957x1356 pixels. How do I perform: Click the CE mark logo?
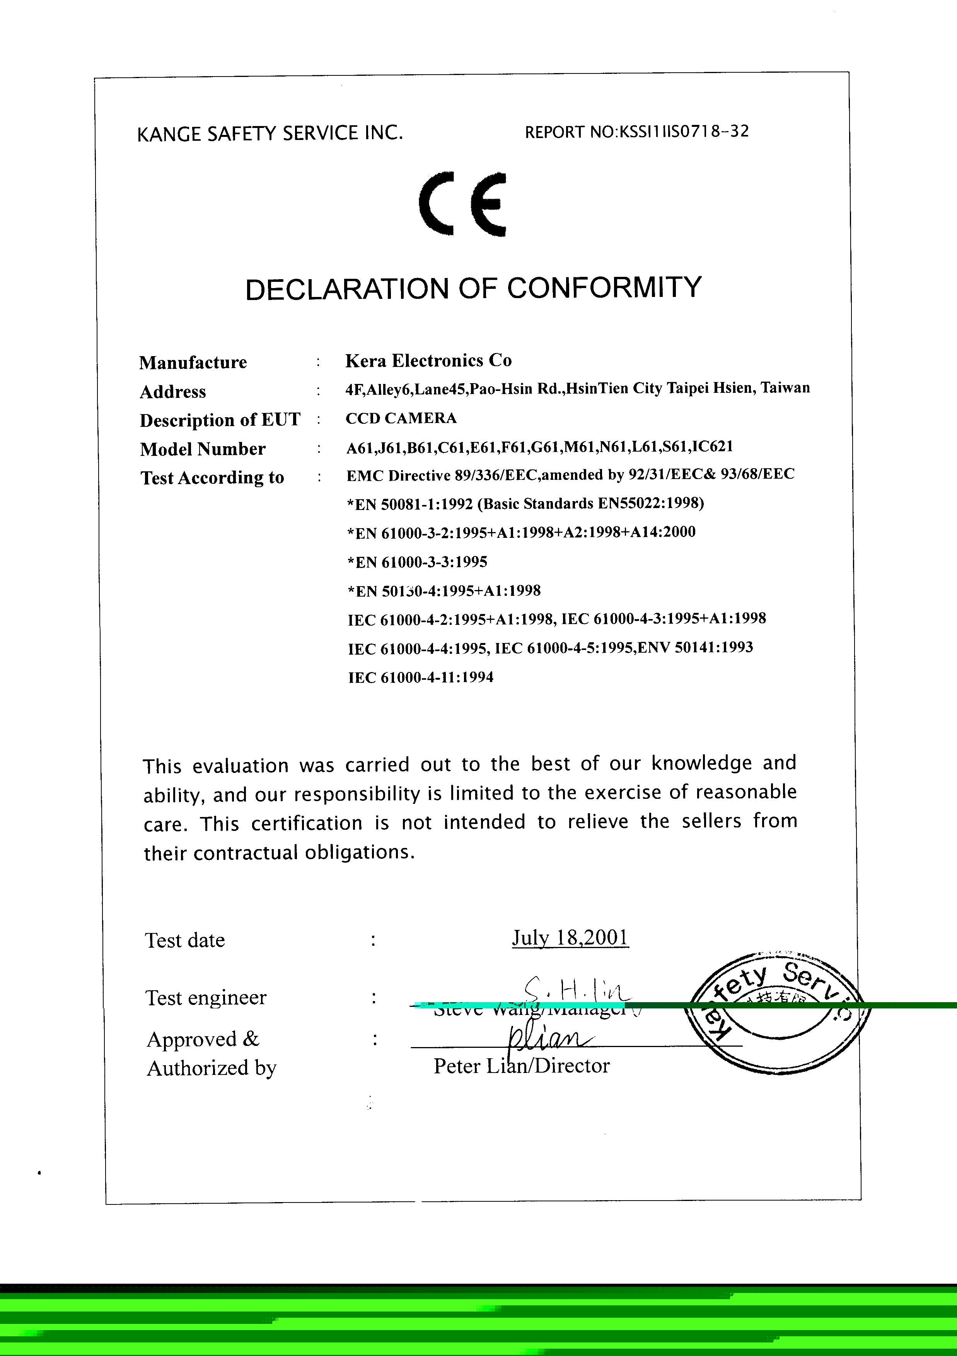point(462,204)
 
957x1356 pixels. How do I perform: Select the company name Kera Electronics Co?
point(428,360)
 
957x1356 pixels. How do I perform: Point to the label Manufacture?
point(193,362)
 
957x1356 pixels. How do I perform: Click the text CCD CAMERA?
point(401,418)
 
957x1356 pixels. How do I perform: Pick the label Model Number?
point(203,449)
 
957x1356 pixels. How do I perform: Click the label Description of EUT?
point(220,420)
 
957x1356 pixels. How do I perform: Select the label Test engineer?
point(206,998)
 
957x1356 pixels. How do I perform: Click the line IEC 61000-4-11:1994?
point(421,677)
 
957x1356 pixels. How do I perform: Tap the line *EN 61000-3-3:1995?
point(417,562)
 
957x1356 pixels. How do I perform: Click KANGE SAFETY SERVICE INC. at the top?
point(270,133)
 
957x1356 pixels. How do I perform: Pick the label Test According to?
point(212,478)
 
